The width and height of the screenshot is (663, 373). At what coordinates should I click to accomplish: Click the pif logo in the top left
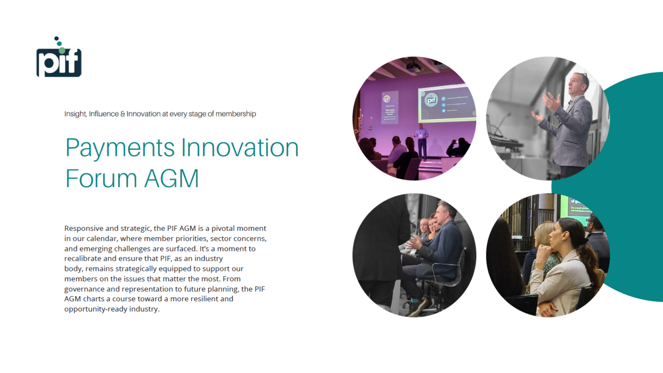[59, 57]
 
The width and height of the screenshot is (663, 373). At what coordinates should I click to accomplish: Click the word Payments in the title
[120, 148]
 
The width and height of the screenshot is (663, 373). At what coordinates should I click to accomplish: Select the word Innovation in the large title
[240, 148]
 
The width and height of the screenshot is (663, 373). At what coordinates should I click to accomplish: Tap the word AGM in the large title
[171, 178]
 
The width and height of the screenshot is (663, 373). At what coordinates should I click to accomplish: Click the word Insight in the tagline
[76, 114]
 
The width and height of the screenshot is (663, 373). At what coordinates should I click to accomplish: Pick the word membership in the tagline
[235, 114]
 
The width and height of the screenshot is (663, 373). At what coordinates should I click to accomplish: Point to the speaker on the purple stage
[422, 142]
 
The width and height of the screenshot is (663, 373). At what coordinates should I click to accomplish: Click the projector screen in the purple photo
[447, 103]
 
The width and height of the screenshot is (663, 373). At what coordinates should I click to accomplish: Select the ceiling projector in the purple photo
[414, 67]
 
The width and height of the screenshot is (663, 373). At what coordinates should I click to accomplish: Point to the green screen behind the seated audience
[580, 210]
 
